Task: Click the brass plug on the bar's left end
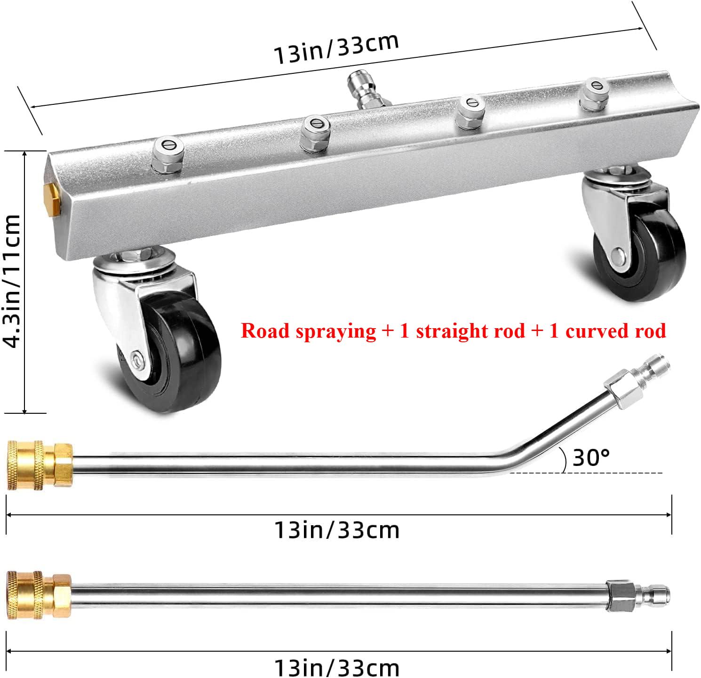point(49,194)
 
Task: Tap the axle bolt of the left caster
point(137,360)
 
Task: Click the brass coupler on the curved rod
point(40,464)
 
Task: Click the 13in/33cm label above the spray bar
point(336,48)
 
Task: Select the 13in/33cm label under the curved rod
point(337,530)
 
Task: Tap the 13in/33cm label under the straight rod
point(337,667)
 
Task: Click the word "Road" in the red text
point(265,331)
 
